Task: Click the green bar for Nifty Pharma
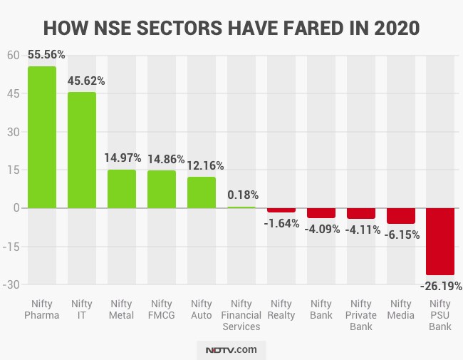(41, 137)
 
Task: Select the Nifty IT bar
(81, 150)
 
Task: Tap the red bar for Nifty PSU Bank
(440, 241)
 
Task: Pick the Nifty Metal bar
(121, 189)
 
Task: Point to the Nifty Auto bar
(201, 192)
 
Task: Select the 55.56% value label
(46, 55)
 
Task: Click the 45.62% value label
(86, 81)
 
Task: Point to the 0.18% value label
(243, 195)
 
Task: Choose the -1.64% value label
(281, 222)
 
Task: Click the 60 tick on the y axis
(13, 55)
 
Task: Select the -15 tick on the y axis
(13, 246)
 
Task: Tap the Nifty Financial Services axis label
(241, 315)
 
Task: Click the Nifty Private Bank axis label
(361, 315)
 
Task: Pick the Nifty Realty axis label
(281, 310)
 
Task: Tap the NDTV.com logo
(231, 350)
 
